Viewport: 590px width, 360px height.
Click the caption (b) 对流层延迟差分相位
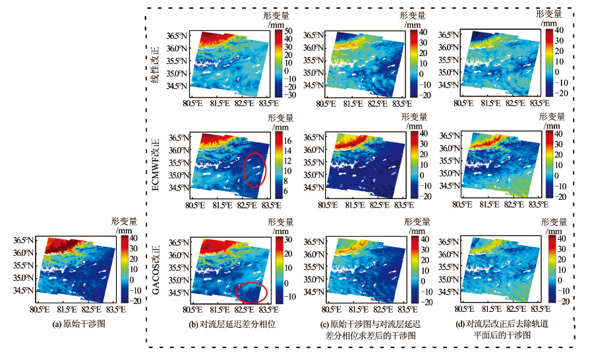point(222,324)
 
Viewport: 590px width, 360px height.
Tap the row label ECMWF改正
point(156,164)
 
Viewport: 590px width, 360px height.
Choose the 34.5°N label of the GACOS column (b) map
point(177,291)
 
